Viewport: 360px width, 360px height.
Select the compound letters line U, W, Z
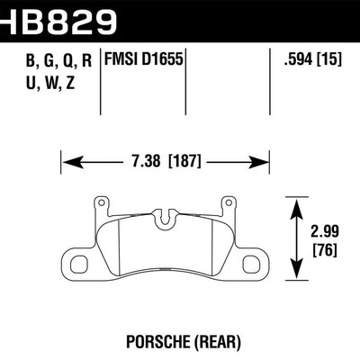42,87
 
